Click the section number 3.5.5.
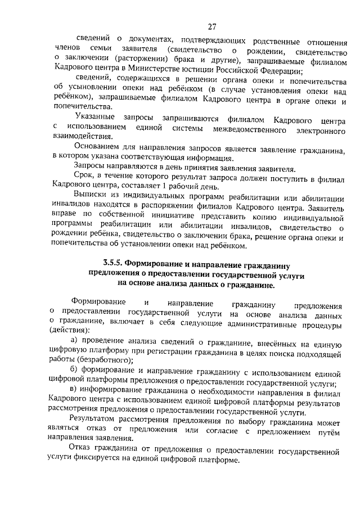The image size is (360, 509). click(x=113, y=263)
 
